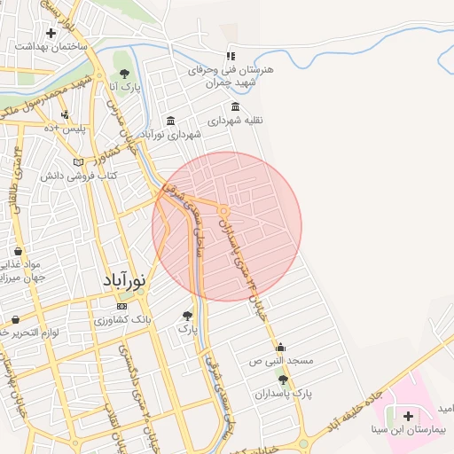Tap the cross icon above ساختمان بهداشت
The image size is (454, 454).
click(51, 33)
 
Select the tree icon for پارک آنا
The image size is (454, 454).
click(124, 74)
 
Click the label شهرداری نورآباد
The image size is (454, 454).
click(171, 134)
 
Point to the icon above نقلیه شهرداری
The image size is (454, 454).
click(234, 106)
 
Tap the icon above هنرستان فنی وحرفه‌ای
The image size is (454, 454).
click(231, 56)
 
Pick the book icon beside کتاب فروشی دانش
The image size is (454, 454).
click(79, 162)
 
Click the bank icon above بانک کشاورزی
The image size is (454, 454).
click(122, 306)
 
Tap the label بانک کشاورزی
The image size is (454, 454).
click(122, 318)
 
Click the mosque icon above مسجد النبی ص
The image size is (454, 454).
click(281, 347)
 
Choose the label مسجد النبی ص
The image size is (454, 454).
click(281, 361)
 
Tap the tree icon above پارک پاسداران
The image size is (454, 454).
click(283, 379)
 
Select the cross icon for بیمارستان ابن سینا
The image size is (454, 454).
click(409, 415)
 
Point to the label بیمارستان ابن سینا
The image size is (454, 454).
click(413, 428)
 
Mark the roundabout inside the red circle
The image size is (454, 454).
click(225, 210)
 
